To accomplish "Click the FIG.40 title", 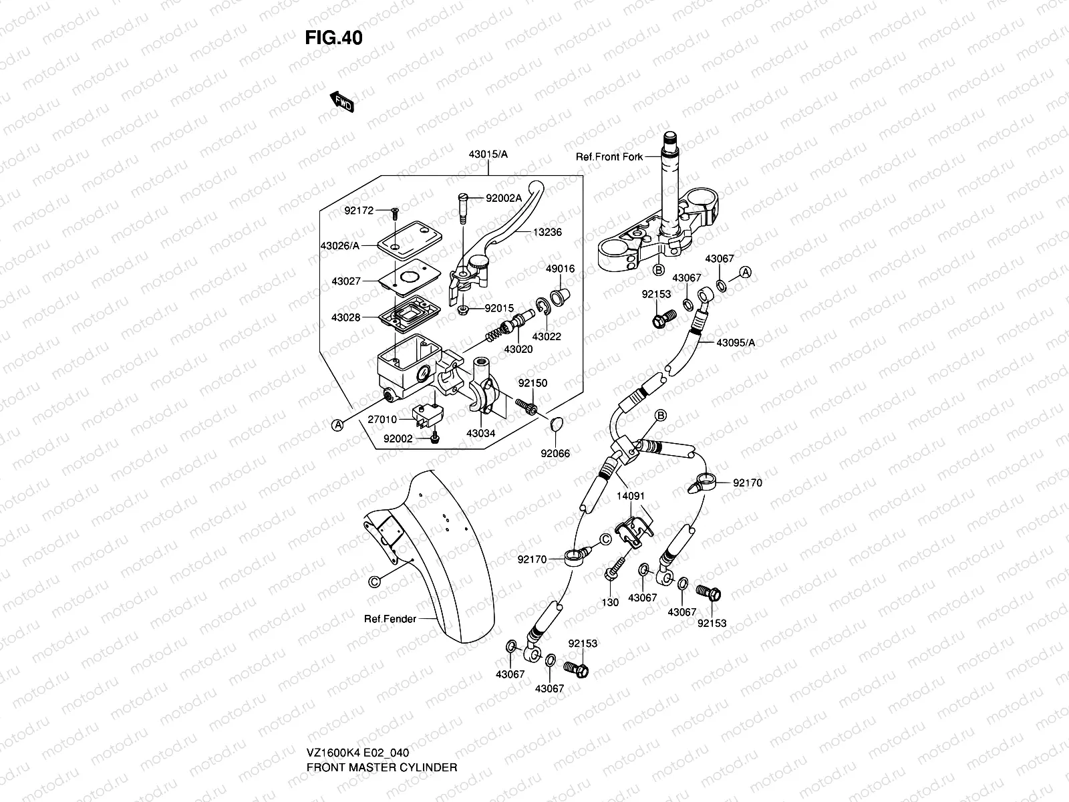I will click(x=334, y=38).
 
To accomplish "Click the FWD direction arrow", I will click(x=341, y=102).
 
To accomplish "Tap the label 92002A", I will click(x=503, y=198).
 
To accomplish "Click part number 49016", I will click(x=561, y=269).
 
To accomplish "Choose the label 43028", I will click(x=345, y=317).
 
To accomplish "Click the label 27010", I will click(x=382, y=420).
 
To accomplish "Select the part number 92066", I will click(x=555, y=453).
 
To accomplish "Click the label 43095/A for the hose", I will click(x=735, y=343).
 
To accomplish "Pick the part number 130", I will click(x=610, y=602).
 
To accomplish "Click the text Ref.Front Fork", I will click(x=609, y=157).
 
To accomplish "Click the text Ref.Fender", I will click(x=390, y=619).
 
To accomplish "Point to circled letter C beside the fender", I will click(x=374, y=581).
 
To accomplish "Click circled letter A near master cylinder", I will click(x=339, y=424).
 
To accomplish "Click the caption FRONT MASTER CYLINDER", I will click(x=381, y=767).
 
